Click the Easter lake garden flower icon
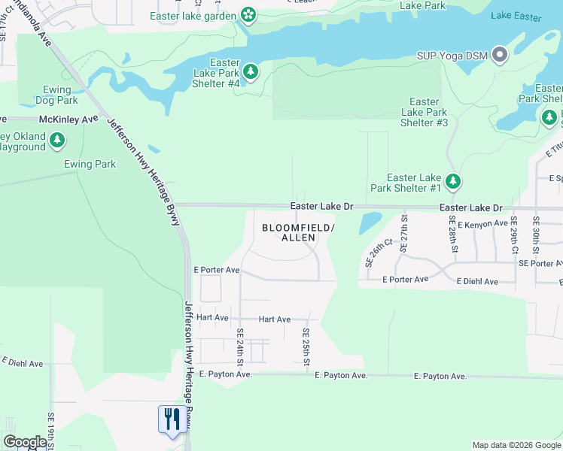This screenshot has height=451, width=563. [x=248, y=15]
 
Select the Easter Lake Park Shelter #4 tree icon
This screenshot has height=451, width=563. [x=251, y=73]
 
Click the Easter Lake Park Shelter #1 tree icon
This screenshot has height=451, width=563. [x=452, y=181]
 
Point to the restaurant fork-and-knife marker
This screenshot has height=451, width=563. [x=172, y=419]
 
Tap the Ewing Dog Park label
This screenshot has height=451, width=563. [x=56, y=95]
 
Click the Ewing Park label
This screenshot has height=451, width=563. [x=90, y=164]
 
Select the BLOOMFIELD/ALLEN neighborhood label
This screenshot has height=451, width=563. [x=297, y=232]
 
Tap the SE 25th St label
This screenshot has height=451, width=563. [x=306, y=347]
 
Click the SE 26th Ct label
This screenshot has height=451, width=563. [x=380, y=253]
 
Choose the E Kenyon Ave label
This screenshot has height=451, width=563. [x=482, y=223]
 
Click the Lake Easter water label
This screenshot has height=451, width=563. [x=516, y=16]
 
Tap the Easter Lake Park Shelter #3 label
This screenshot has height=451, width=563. [x=424, y=112]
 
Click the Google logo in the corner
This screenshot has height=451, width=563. [x=24, y=441]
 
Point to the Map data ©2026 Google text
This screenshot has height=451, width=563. [x=516, y=445]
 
